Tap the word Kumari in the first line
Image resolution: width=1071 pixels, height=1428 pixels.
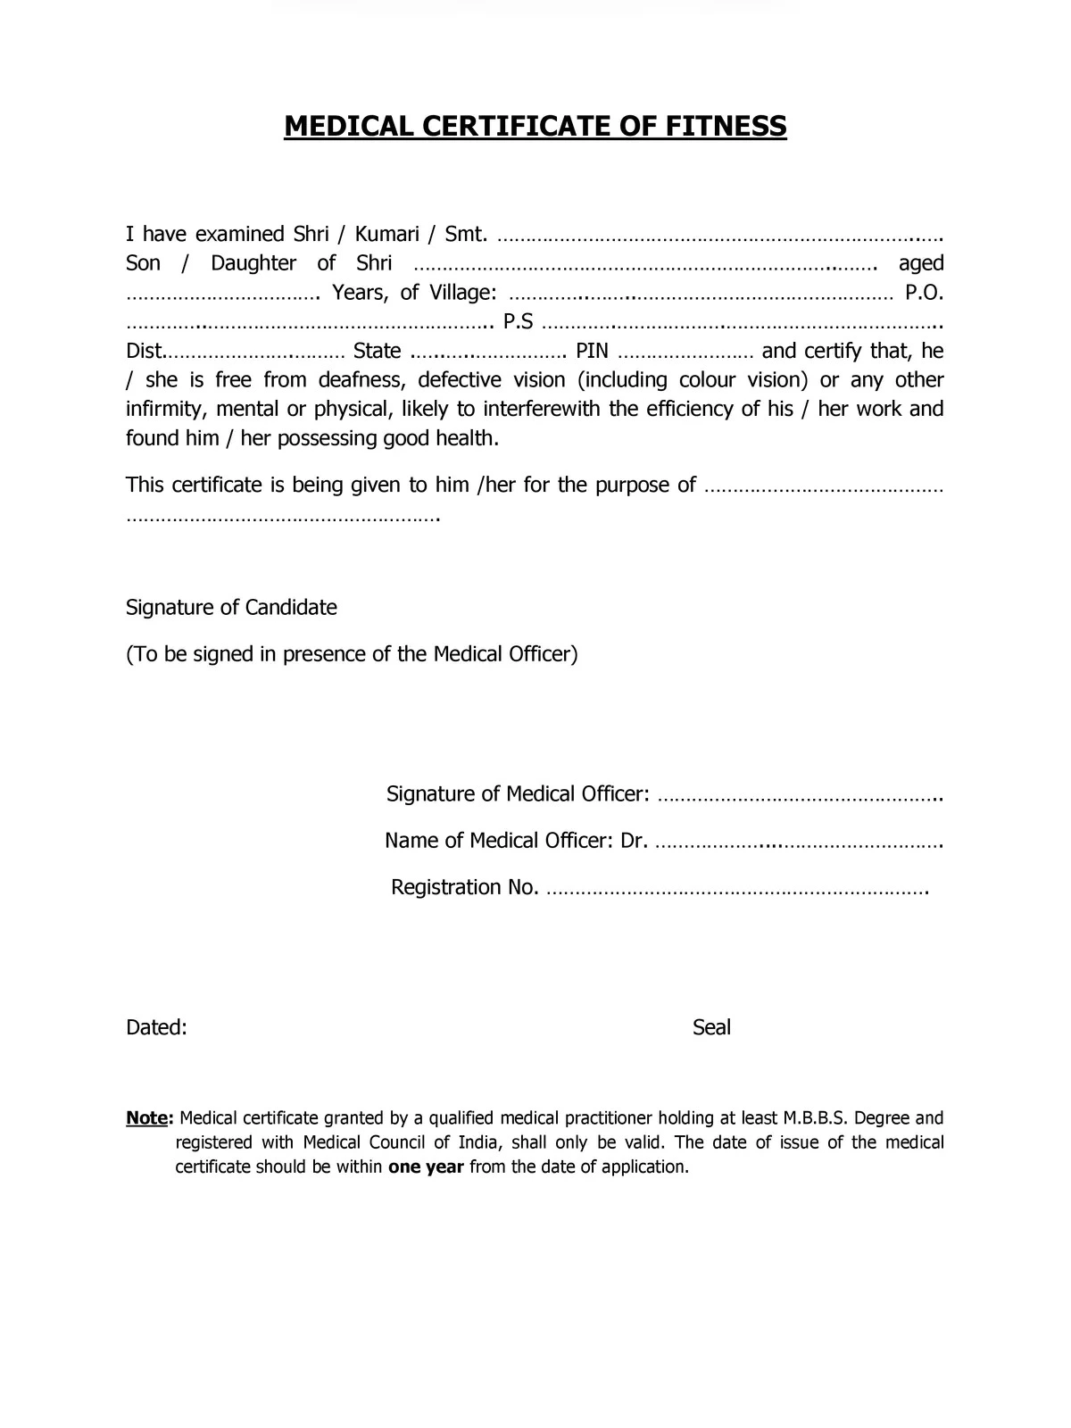click(x=386, y=234)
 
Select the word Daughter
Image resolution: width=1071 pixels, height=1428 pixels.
click(x=253, y=263)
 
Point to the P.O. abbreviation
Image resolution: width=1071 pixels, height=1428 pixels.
click(x=924, y=293)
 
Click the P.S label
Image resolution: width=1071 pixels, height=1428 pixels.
click(x=519, y=322)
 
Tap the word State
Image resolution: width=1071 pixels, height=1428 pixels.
click(x=377, y=352)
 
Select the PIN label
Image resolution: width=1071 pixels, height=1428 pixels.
click(x=592, y=352)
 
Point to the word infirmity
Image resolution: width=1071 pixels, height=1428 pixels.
click(x=165, y=410)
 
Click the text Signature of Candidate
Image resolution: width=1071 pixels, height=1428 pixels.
click(x=231, y=608)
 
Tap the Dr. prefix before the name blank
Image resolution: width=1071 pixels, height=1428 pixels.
click(x=634, y=841)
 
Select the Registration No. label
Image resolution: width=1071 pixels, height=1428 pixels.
click(x=464, y=887)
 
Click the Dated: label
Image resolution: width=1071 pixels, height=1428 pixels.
click(x=156, y=1027)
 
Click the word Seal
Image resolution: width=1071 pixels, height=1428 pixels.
click(x=711, y=1027)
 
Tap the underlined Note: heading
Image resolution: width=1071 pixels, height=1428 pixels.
click(x=148, y=1118)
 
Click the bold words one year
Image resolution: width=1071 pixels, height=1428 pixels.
click(x=426, y=1167)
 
